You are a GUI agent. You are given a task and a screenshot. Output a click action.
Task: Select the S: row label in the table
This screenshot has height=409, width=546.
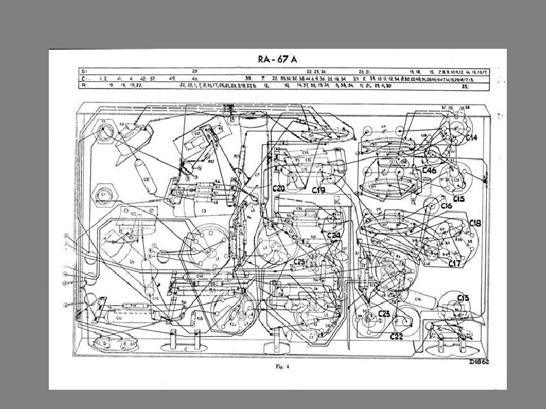click(x=85, y=71)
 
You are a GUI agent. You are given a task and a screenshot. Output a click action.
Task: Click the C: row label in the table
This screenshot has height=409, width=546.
click(x=85, y=78)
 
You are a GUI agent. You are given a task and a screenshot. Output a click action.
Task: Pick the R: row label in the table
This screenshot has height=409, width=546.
click(x=85, y=86)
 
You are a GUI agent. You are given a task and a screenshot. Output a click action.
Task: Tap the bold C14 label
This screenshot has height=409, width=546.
click(x=471, y=138)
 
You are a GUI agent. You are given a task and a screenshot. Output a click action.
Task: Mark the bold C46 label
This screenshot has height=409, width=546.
click(x=430, y=170)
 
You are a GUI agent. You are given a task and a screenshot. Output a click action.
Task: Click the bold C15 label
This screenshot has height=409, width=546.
click(x=459, y=199)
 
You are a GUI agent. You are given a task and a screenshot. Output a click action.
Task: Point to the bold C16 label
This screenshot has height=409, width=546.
click(x=447, y=206)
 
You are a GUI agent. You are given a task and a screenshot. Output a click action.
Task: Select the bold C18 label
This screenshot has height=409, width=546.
click(x=475, y=224)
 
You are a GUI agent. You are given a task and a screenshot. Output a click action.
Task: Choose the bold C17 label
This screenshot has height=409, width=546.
click(x=455, y=263)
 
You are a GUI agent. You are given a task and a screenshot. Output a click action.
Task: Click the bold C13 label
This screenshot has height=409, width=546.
click(x=463, y=298)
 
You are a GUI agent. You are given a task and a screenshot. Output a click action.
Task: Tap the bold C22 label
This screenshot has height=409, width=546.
click(x=397, y=336)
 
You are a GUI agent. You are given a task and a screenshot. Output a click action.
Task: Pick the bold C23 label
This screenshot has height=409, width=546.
click(x=384, y=313)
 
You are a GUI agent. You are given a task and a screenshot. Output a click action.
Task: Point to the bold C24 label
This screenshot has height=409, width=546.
click(x=334, y=236)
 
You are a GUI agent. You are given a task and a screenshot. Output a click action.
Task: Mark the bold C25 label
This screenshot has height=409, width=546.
click(x=301, y=262)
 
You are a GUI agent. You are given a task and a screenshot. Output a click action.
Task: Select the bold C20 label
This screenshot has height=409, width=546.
click(x=279, y=188)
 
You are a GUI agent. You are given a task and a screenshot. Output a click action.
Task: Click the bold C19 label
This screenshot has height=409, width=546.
click(x=318, y=190)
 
